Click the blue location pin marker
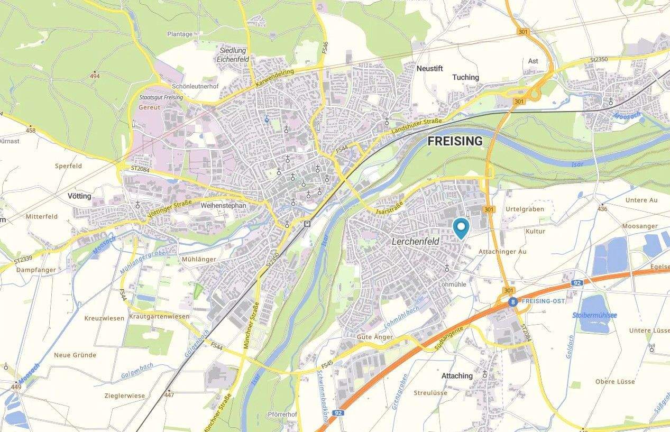point(462,228)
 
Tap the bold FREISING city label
point(455,141)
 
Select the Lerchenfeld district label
point(416,242)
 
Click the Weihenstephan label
point(224,205)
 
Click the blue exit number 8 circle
point(512,302)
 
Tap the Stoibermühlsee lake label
point(594,315)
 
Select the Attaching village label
point(457,376)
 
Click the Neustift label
point(429,69)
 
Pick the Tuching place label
point(465,77)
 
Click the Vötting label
point(79,196)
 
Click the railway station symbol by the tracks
point(307,224)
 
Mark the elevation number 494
point(94,76)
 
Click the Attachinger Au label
point(502,252)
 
